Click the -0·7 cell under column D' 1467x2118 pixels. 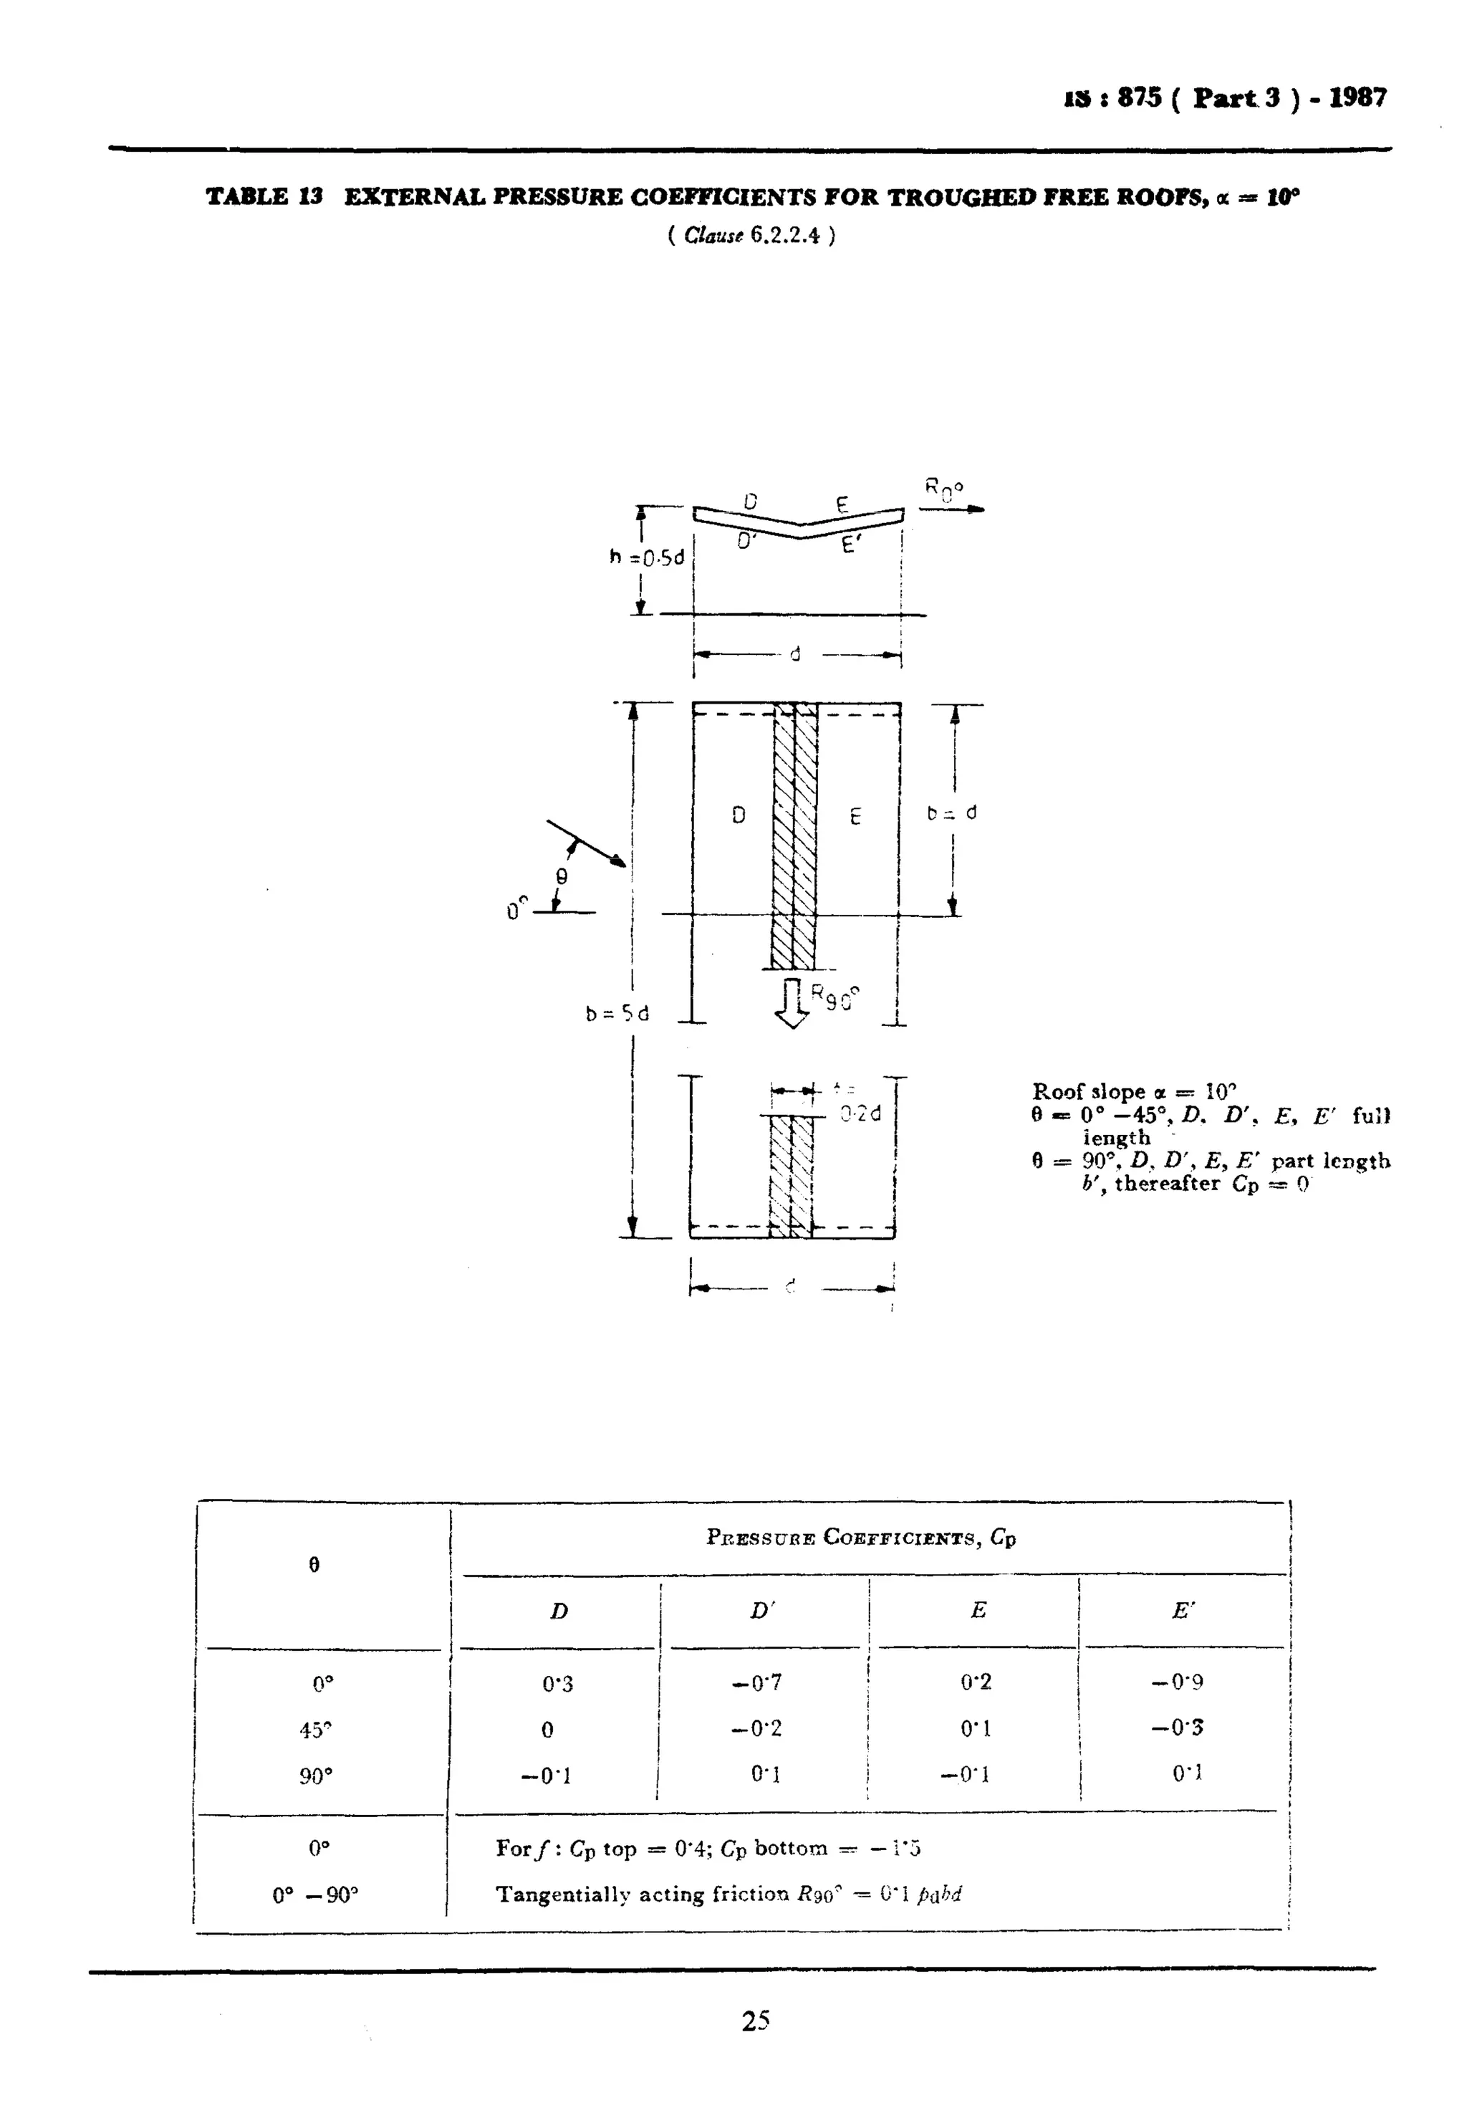pyautogui.click(x=756, y=1682)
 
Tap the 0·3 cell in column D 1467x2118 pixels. pyautogui.click(x=557, y=1683)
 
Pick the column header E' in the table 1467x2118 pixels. pyautogui.click(x=1183, y=1610)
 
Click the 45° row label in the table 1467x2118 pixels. pyautogui.click(x=314, y=1730)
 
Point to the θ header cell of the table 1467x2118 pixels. pyautogui.click(x=314, y=1565)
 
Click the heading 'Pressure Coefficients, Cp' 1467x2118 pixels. pyautogui.click(x=860, y=1537)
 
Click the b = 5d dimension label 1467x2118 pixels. pyautogui.click(x=617, y=1014)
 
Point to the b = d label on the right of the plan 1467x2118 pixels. pyautogui.click(x=951, y=813)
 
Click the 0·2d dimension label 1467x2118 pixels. pyautogui.click(x=860, y=1113)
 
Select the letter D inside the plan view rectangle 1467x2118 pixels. pyautogui.click(x=738, y=815)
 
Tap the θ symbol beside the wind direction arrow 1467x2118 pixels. pyautogui.click(x=562, y=877)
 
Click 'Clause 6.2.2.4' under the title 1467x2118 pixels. pyautogui.click(x=751, y=235)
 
